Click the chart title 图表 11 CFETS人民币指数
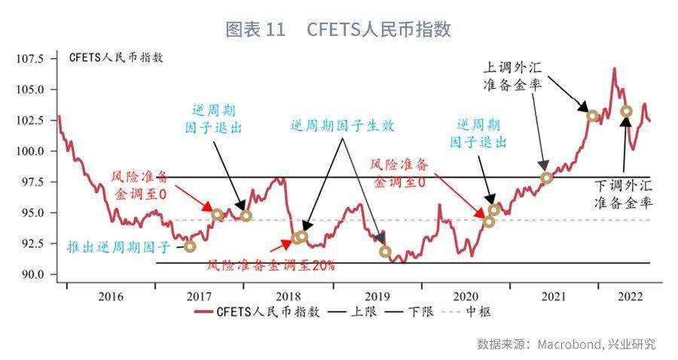click(338, 29)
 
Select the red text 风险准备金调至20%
click(270, 265)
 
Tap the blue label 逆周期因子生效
click(342, 127)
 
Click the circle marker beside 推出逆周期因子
click(189, 246)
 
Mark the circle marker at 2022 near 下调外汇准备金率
click(627, 111)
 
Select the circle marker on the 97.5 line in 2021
click(547, 178)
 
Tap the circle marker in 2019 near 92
click(386, 252)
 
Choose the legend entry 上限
click(355, 311)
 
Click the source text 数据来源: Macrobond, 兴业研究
click(566, 344)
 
